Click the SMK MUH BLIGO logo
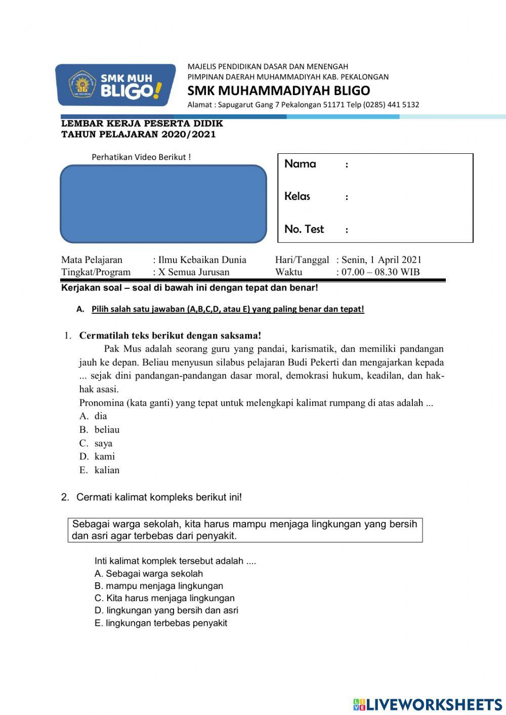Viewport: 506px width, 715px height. (x=115, y=85)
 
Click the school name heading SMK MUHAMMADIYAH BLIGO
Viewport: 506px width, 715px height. (x=278, y=91)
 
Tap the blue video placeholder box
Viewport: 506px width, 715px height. (x=163, y=203)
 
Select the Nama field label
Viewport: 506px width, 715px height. (x=300, y=164)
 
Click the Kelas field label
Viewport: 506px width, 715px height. (x=297, y=196)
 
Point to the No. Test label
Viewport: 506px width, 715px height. (x=304, y=229)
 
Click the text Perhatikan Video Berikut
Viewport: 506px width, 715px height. (x=141, y=157)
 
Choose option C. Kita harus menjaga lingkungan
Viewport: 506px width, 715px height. (x=164, y=598)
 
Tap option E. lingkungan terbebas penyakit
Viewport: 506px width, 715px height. (x=161, y=623)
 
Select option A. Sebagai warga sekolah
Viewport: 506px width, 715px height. (x=149, y=574)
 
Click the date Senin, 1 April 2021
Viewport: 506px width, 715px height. (x=381, y=260)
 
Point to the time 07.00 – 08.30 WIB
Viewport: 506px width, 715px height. (x=381, y=272)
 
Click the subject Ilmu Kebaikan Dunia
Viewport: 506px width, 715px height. (x=202, y=260)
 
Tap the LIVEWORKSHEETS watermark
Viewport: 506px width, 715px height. (x=428, y=704)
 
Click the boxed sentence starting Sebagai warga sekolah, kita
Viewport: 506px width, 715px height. (x=245, y=530)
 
